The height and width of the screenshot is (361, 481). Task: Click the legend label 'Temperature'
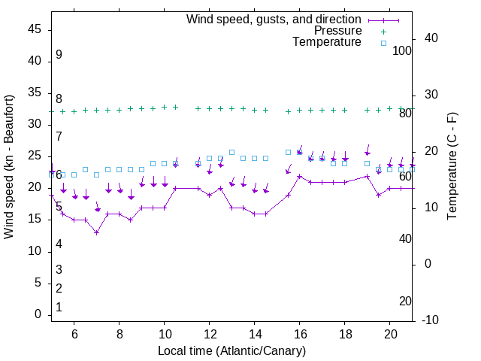(x=327, y=42)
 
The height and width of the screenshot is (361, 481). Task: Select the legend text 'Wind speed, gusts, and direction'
(x=274, y=19)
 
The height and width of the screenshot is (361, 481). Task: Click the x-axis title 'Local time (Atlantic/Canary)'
(x=232, y=351)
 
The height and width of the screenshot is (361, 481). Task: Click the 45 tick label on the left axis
(x=35, y=29)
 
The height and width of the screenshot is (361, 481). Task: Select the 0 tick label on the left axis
(x=38, y=315)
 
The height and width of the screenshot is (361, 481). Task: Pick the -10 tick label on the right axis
(x=432, y=320)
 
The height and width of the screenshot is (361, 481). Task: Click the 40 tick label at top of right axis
(x=431, y=38)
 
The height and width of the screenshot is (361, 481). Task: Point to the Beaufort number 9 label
(x=59, y=55)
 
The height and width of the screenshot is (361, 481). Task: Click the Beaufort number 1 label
(x=59, y=308)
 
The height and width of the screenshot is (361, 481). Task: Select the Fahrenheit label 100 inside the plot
(x=402, y=50)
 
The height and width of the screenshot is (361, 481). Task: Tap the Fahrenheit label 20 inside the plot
(x=405, y=301)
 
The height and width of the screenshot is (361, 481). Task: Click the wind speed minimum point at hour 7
(x=96, y=232)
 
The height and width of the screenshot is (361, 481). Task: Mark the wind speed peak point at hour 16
(x=300, y=177)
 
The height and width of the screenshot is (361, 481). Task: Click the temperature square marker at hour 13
(x=231, y=152)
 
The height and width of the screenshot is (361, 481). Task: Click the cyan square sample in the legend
(x=383, y=43)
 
